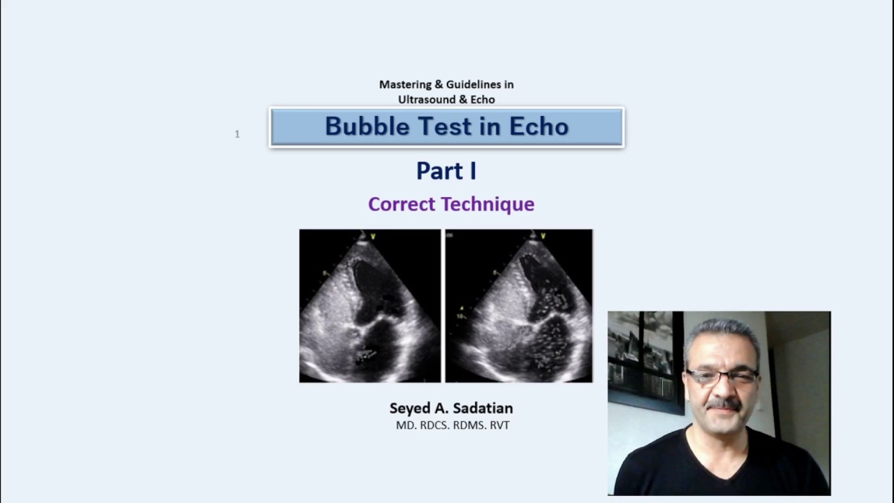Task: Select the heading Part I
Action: coord(446,170)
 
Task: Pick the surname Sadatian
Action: coord(483,408)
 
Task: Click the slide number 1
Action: coord(237,134)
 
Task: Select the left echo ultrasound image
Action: coord(369,306)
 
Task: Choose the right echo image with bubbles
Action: coord(519,306)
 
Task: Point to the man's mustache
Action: coord(723,404)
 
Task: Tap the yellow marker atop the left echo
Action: coord(373,237)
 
